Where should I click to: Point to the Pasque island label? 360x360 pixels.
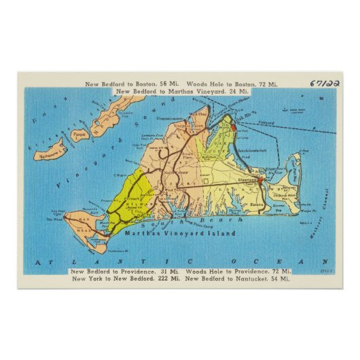click(79, 134)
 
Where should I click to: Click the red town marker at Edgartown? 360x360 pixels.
click(260, 181)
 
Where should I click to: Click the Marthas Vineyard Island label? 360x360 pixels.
click(180, 233)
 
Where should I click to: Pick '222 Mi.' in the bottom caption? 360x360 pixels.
click(164, 278)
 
